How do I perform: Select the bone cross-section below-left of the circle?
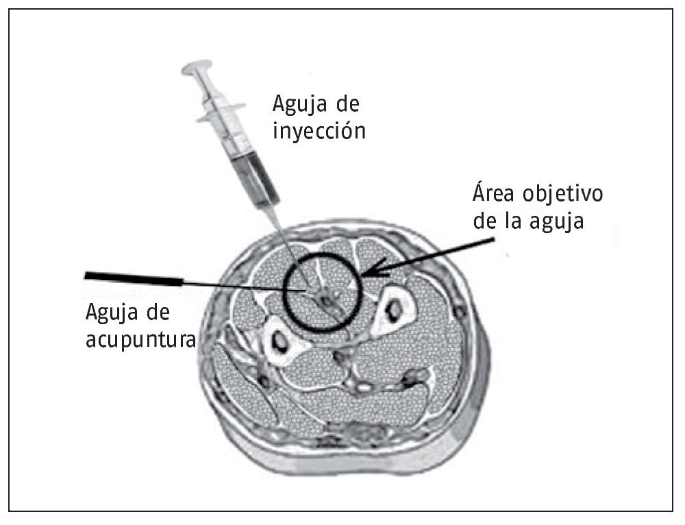(280, 339)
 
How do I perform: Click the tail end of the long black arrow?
(492, 240)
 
